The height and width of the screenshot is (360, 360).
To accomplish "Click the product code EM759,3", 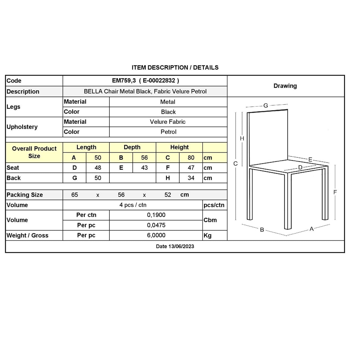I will (124, 81).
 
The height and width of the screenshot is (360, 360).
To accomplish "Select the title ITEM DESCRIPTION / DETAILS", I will (175, 68).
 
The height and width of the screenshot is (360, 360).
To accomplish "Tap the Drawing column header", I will (285, 86).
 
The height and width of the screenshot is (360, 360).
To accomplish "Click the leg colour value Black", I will (168, 112).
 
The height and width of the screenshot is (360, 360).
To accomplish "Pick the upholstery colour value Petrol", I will (168, 132).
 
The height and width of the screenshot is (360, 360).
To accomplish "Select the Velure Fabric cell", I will (168, 122).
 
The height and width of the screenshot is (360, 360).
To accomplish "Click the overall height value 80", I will (191, 158).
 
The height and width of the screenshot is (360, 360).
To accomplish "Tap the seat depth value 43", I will (144, 168).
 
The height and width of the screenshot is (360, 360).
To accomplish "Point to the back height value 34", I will (191, 178).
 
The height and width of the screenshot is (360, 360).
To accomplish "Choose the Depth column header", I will (132, 147).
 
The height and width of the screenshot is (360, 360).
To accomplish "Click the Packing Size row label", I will (25, 195).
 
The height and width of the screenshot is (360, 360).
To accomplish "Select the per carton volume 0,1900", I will (156, 215).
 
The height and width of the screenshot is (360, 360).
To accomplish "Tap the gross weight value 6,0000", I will (156, 235).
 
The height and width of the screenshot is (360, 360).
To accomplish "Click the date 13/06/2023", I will (175, 246).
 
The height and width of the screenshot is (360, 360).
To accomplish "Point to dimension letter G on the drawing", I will (266, 106).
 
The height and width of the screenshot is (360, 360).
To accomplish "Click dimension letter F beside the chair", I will (335, 192).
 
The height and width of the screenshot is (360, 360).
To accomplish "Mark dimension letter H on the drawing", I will (242, 138).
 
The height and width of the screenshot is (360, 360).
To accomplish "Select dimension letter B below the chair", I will (262, 230).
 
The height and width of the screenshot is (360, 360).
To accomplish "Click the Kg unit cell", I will (207, 235).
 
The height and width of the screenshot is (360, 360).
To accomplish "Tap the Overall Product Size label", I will (34, 152).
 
